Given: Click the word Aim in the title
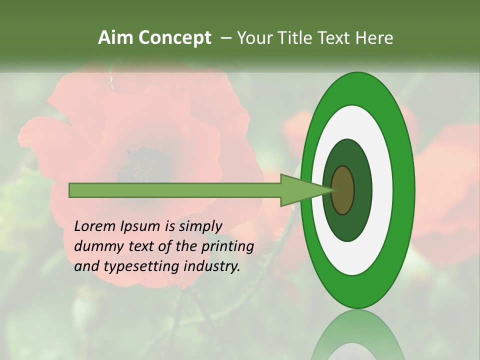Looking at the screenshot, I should pos(115,38).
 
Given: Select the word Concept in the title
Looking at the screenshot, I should pos(174,38).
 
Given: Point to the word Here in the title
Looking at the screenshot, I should pos(374,38).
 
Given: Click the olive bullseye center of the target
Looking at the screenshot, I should pos(343,190).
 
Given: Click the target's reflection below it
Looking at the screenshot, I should pos(357,335).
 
